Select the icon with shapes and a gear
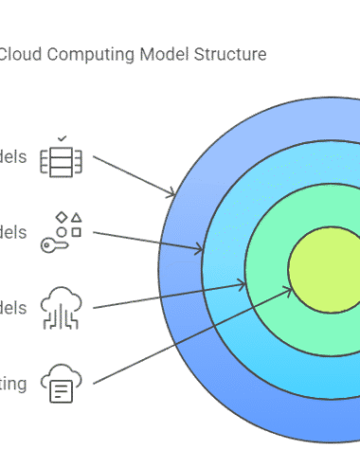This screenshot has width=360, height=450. click(61, 232)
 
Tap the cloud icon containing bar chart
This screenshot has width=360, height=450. click(61, 307)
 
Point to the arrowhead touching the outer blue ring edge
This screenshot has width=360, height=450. click(173, 195)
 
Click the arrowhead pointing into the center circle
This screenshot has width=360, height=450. click(288, 290)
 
